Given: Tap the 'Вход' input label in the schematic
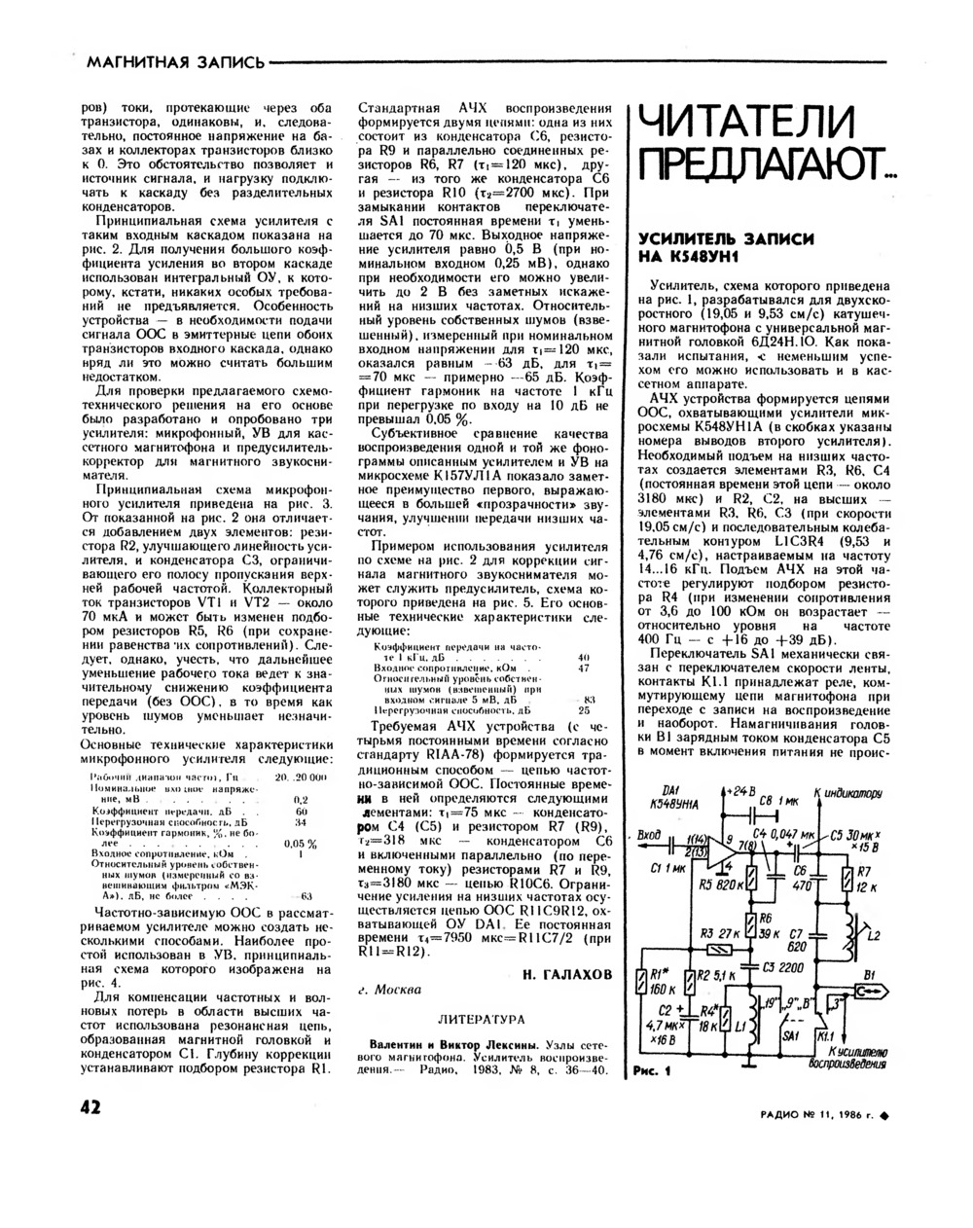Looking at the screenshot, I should [x=649, y=834].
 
